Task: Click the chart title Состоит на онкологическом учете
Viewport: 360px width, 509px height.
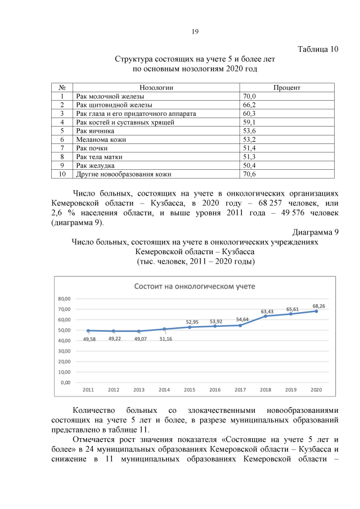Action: (x=194, y=286)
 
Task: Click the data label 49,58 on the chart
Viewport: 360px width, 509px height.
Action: (x=89, y=339)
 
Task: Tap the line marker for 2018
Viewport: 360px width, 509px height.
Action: (x=265, y=316)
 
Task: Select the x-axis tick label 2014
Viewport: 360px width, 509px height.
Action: (x=164, y=390)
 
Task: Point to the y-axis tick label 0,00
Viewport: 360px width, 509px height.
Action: (x=66, y=382)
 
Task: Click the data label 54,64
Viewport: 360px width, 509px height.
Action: (x=242, y=319)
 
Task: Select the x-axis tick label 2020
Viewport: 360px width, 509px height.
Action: (x=316, y=390)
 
